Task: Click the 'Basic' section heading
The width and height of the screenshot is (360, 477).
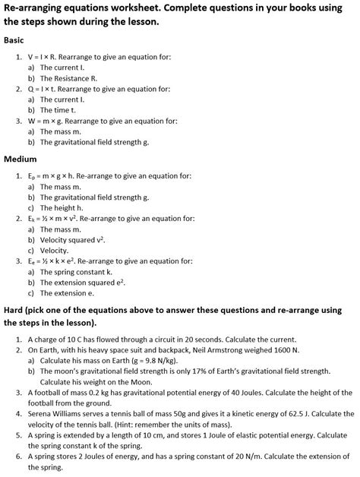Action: point(14,39)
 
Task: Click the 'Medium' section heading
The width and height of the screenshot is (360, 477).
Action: point(21,160)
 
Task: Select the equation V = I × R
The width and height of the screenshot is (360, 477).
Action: point(49,56)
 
